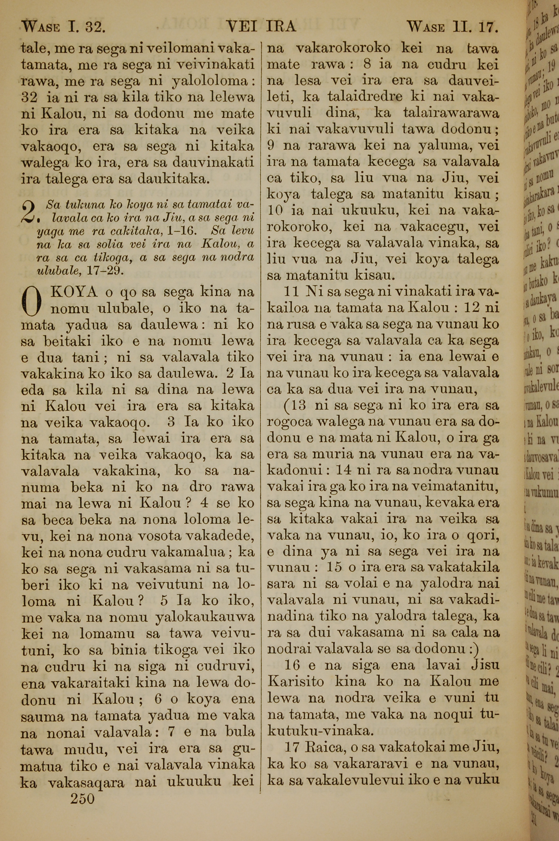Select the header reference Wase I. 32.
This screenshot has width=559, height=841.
point(63,27)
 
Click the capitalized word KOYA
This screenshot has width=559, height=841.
point(75,292)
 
